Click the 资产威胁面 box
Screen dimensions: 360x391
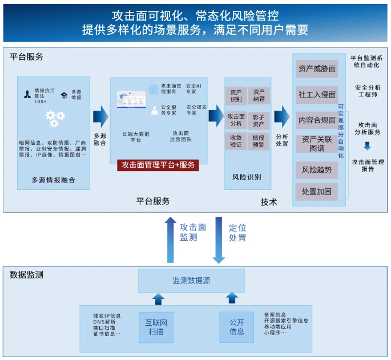(317, 69)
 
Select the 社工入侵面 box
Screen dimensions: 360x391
(317, 94)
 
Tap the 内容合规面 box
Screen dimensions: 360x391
(316, 120)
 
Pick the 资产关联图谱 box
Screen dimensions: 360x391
(316, 144)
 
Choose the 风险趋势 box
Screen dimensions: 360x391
(316, 169)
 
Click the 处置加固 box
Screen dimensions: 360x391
(316, 192)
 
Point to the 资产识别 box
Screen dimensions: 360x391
(236, 95)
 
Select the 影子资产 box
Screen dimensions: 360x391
(259, 120)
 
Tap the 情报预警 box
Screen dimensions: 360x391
(259, 141)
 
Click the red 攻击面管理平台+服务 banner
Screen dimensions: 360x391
(157, 165)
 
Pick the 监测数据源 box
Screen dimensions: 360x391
(191, 281)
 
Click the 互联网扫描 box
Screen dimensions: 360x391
(156, 327)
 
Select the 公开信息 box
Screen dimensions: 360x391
(236, 327)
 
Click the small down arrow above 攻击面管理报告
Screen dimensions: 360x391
(367, 147)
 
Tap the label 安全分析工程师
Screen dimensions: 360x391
(367, 91)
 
